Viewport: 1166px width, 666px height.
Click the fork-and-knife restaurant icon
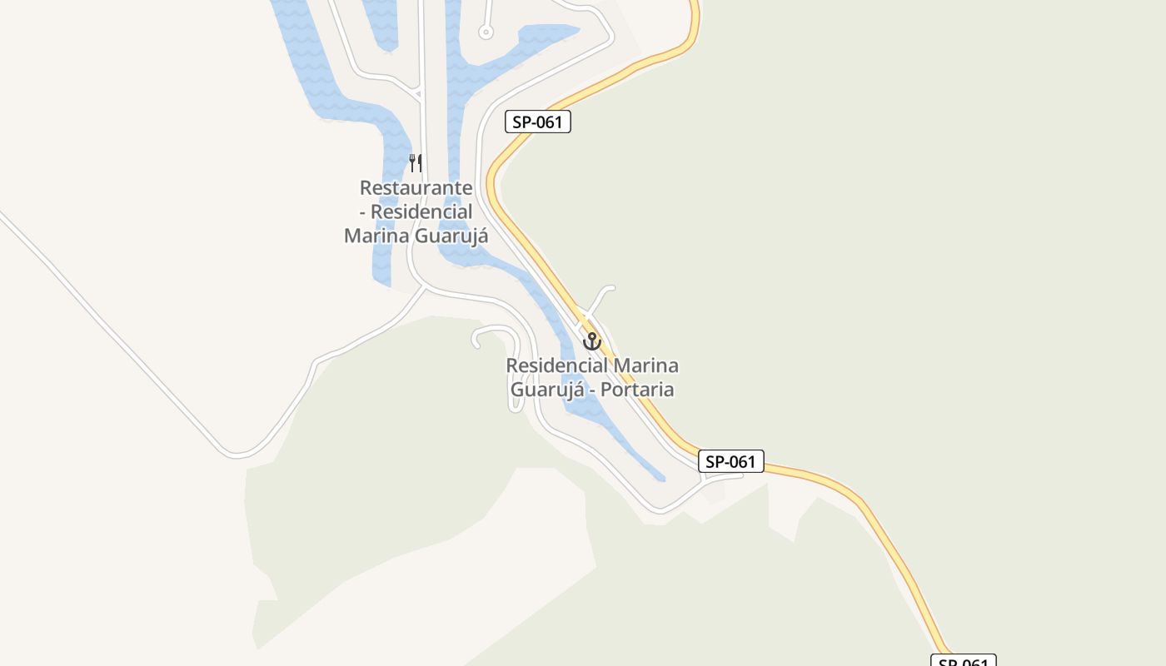click(x=416, y=162)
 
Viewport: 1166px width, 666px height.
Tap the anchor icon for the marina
click(x=591, y=340)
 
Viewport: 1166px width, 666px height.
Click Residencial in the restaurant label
click(x=421, y=211)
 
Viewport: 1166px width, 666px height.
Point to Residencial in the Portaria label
click(x=557, y=365)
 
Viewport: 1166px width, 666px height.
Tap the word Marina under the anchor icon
click(x=645, y=365)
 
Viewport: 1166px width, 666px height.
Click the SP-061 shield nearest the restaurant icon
click(x=538, y=122)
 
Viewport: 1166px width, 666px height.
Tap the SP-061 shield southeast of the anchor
click(x=730, y=461)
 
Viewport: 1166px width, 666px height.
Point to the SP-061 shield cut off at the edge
click(x=963, y=661)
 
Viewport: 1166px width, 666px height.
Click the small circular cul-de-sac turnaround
click(x=486, y=32)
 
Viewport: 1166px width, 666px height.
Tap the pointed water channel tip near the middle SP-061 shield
click(x=663, y=480)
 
